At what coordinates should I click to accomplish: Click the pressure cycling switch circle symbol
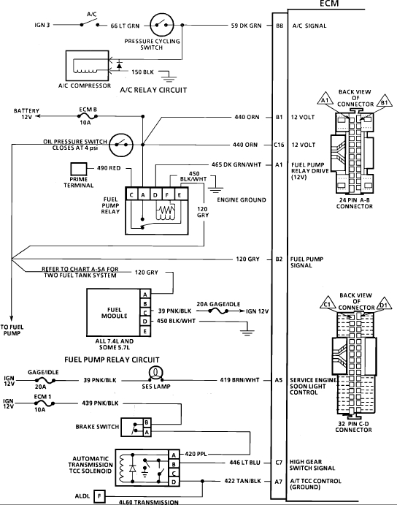click(162, 25)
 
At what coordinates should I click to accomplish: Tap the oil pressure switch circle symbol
click(121, 145)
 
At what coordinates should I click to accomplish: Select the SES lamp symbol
click(156, 373)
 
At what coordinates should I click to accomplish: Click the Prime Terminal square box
click(79, 169)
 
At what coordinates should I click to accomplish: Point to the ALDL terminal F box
click(99, 496)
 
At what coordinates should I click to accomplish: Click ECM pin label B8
click(280, 26)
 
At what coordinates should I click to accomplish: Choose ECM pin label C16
click(279, 145)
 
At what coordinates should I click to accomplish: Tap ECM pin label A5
click(279, 380)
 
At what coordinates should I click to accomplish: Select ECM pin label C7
click(279, 463)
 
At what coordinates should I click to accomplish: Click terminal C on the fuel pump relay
click(131, 195)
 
